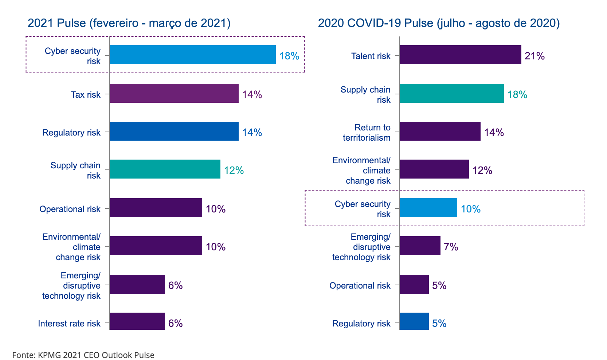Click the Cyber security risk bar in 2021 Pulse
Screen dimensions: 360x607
pos(192,55)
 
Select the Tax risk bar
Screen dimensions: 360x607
pos(174,93)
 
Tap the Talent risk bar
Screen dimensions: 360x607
pos(460,55)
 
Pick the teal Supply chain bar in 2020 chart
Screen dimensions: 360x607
pos(451,93)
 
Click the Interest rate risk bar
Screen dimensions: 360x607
pos(137,321)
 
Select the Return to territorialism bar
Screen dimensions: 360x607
pos(440,131)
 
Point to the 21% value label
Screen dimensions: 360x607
pos(534,56)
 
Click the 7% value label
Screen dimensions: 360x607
pos(451,247)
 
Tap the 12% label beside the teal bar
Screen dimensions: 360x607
pos(234,171)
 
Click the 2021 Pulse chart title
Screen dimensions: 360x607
pos(129,23)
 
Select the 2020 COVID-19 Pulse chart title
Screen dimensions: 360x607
pos(439,23)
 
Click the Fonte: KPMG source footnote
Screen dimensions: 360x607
pos(83,355)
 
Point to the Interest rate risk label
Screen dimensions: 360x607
pos(69,324)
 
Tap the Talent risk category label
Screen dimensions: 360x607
pos(371,56)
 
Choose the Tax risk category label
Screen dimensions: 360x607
pos(86,95)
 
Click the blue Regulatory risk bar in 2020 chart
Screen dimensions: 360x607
pos(414,321)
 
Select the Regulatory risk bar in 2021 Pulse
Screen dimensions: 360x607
pos(174,131)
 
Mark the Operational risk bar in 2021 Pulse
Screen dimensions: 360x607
pos(156,208)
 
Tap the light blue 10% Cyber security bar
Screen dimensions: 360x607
pos(428,208)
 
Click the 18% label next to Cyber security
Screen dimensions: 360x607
pos(289,56)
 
